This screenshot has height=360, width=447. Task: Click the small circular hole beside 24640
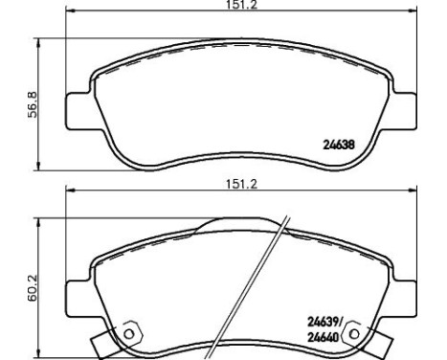click(x=358, y=332)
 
